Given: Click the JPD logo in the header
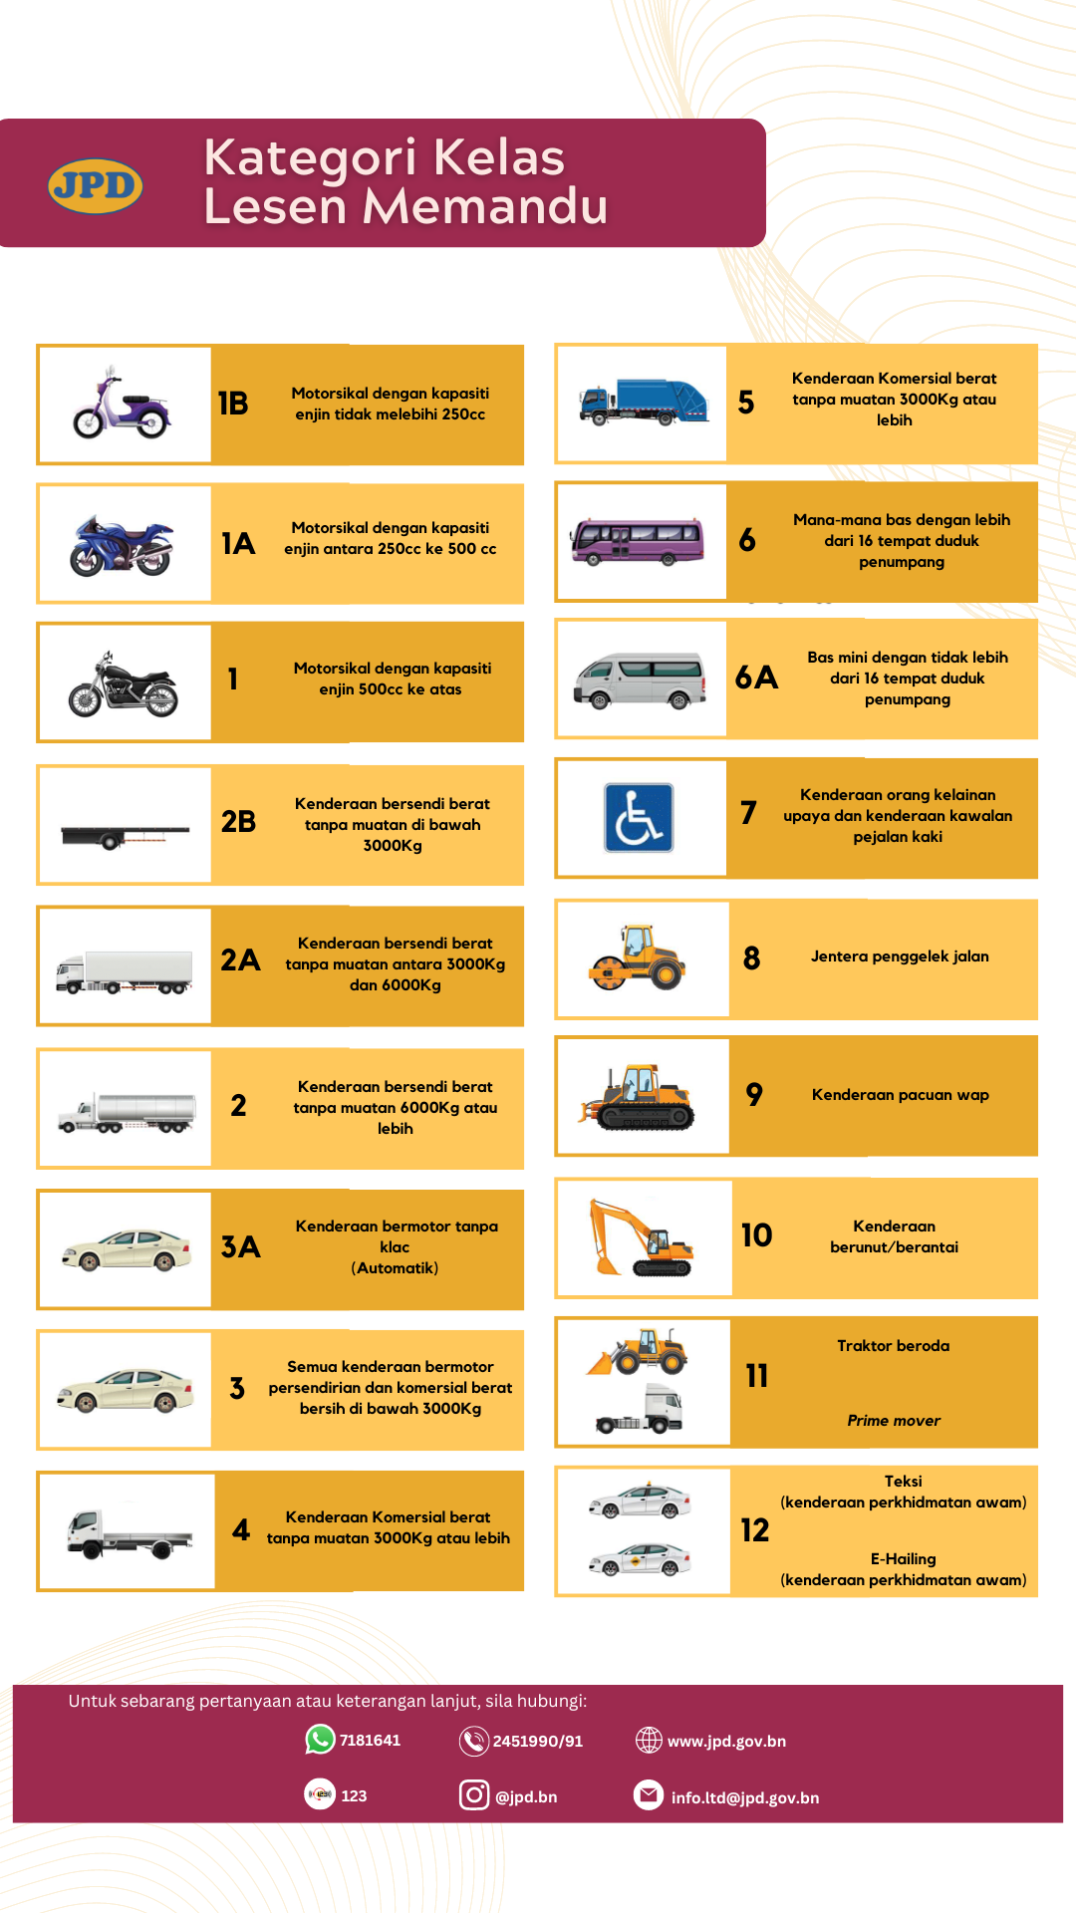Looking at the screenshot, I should [96, 185].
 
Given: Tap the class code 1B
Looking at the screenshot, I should [233, 404].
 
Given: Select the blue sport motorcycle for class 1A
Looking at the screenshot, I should [122, 546].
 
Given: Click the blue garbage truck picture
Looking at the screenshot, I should [644, 402].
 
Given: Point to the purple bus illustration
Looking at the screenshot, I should [637, 541].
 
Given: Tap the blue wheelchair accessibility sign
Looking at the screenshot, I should [639, 817].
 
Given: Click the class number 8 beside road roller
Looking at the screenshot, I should [752, 958].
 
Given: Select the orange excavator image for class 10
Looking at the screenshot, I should [640, 1237].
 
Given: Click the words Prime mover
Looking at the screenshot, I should [894, 1421].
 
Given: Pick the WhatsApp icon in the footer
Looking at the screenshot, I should [320, 1740].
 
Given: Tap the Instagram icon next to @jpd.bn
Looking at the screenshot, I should [474, 1795].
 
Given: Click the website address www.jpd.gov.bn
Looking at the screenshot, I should [726, 1742].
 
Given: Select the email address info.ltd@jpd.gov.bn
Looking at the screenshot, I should [744, 1798].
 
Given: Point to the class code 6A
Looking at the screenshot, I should [756, 679].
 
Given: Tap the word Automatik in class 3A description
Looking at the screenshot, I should [395, 1268].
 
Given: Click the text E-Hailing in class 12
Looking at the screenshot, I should [903, 1559].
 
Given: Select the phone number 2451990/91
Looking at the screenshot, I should [537, 1742].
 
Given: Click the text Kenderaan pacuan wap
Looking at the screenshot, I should [900, 1095].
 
